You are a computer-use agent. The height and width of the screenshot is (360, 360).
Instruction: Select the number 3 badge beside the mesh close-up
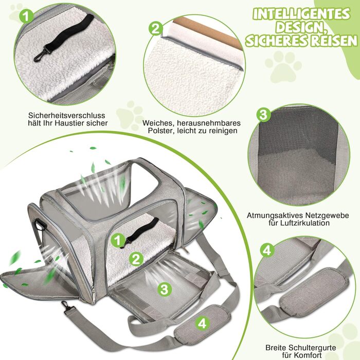point(263,115)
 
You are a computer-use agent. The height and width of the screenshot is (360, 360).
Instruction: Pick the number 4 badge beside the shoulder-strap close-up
point(266,250)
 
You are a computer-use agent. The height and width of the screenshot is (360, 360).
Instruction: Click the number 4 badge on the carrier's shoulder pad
point(202,323)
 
